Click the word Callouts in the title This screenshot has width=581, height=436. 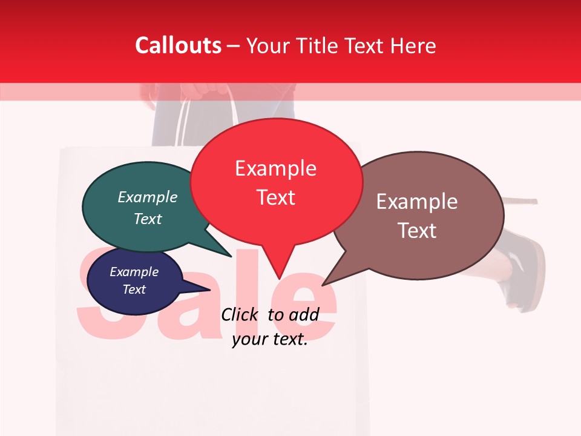[x=178, y=45]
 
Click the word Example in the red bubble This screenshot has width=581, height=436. [x=275, y=168]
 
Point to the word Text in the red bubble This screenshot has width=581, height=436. [x=275, y=197]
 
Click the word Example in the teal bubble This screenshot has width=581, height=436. [x=148, y=197]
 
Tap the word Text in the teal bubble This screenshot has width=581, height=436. [x=148, y=219]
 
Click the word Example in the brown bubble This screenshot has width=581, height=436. [x=417, y=202]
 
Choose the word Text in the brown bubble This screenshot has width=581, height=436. [x=417, y=231]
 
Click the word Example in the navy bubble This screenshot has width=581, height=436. [x=134, y=272]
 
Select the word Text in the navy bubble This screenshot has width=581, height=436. [x=134, y=289]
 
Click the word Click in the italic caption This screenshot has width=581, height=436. [x=241, y=314]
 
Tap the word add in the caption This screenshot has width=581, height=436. [x=304, y=314]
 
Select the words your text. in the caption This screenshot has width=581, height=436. [x=270, y=339]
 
